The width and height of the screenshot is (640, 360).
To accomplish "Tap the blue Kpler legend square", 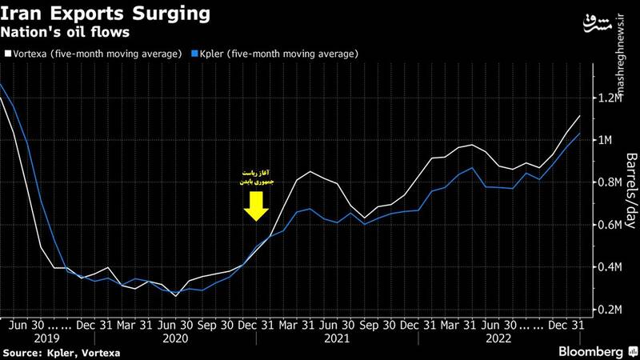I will pyautogui.click(x=196, y=54).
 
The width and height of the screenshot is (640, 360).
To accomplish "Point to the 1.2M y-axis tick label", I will pyautogui.click(x=610, y=98).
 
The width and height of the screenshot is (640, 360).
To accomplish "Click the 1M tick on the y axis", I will pyautogui.click(x=607, y=141).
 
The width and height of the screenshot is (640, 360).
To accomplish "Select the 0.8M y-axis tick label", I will pyautogui.click(x=610, y=183).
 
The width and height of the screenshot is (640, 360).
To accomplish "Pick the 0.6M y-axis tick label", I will pyautogui.click(x=610, y=226).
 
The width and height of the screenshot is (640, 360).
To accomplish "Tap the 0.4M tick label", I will pyautogui.click(x=610, y=267).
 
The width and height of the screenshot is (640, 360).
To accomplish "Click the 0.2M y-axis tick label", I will pyautogui.click(x=610, y=310).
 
